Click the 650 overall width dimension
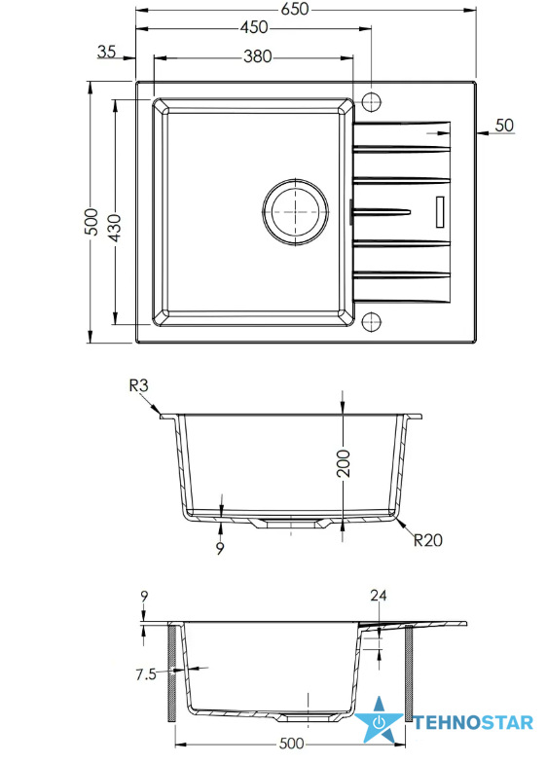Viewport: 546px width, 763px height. (x=295, y=10)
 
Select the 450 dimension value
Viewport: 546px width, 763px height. (x=253, y=27)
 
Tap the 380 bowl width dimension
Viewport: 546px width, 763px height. (x=258, y=56)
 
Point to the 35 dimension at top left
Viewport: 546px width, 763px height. (x=107, y=51)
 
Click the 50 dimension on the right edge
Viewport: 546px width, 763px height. (x=504, y=125)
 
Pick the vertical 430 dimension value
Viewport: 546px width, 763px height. (x=115, y=228)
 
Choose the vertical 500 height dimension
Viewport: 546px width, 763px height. (x=91, y=222)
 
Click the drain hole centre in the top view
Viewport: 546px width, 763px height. (x=296, y=212)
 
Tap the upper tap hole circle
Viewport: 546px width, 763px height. (x=371, y=101)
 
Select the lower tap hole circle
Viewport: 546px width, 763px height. (x=371, y=321)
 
